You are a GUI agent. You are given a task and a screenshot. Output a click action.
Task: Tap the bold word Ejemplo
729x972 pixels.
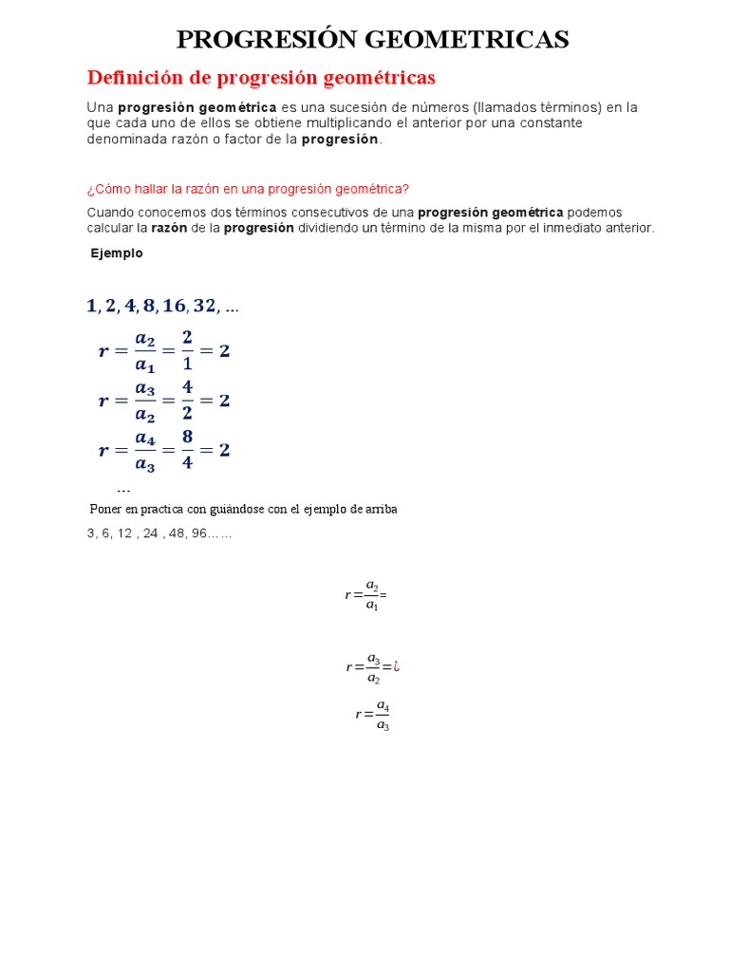coord(117,253)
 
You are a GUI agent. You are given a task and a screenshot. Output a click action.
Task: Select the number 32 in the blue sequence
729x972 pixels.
coord(204,306)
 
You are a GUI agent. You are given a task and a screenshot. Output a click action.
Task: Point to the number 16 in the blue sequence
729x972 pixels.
coord(174,306)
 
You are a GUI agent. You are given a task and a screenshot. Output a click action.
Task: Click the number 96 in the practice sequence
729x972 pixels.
coord(198,533)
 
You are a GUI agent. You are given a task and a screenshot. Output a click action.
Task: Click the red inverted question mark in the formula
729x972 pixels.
coord(397,667)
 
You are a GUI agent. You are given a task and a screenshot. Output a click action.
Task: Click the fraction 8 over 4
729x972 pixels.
coord(187,450)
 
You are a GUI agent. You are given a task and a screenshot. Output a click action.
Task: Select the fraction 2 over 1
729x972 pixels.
coord(187,350)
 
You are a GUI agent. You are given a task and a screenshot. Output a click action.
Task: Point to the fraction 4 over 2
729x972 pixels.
coord(187,400)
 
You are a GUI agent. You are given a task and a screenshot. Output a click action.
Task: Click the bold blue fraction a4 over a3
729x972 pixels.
coord(145,450)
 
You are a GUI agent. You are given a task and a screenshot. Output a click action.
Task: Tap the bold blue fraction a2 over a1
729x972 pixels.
coord(145,350)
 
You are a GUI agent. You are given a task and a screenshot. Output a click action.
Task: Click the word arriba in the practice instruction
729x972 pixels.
coord(379,509)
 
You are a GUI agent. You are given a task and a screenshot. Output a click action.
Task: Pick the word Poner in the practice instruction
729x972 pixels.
coord(106,509)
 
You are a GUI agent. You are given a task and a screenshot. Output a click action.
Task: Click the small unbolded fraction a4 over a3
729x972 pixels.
coord(383,715)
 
